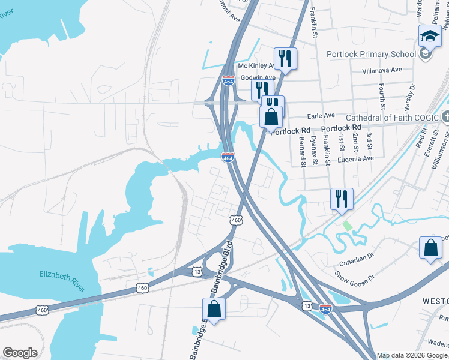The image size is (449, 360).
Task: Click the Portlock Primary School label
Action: click(x=371, y=54)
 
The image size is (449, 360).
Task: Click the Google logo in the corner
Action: click(x=20, y=353)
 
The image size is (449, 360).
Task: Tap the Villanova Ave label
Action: click(x=382, y=70)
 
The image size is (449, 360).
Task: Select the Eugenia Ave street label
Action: click(x=355, y=158)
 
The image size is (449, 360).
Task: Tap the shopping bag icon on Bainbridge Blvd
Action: click(x=214, y=310)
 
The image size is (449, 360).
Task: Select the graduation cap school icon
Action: click(x=430, y=35)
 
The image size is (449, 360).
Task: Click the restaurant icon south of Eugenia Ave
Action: click(x=342, y=200)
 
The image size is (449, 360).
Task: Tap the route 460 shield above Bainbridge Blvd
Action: click(x=236, y=220)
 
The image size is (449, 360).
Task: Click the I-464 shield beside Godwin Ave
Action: click(x=228, y=80)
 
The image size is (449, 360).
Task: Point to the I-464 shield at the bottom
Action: click(x=325, y=308)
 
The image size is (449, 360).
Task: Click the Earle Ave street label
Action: click(x=321, y=115)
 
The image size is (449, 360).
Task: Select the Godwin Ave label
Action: click(x=258, y=78)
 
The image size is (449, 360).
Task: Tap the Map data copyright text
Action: click(x=412, y=355)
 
